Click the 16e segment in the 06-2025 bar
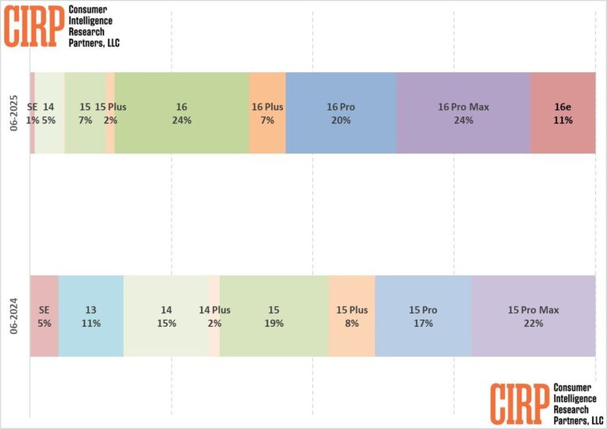coord(563,112)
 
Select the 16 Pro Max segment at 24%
coord(463,112)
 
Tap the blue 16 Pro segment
coord(341,112)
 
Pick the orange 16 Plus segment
coord(267,112)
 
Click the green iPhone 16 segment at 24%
coord(182,112)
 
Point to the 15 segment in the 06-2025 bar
coord(85,112)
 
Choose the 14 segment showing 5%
coord(50,112)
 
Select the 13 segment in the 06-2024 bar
coord(91,316)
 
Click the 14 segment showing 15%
coord(166,316)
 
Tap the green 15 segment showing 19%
coord(273,316)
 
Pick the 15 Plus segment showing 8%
coord(352,316)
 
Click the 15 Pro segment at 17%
coord(423,316)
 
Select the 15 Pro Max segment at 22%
coord(533,316)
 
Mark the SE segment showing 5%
coord(44,316)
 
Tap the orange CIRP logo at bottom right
coord(519,402)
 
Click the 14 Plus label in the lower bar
coord(214,310)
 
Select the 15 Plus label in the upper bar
coord(111,107)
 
